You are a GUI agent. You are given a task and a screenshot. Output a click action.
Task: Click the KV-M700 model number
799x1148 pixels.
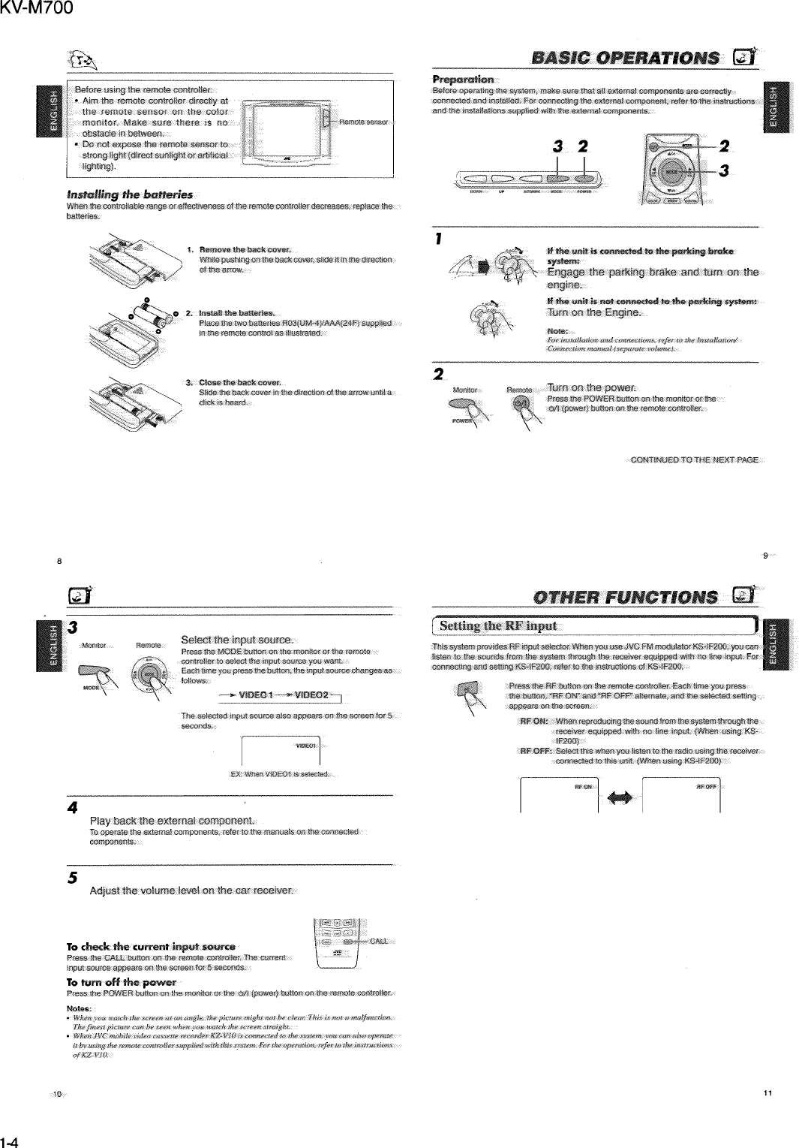(x=37, y=9)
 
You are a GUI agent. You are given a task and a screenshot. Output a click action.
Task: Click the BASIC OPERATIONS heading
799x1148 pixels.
(x=623, y=59)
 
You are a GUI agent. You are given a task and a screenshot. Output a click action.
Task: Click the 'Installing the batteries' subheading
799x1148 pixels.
(x=119, y=195)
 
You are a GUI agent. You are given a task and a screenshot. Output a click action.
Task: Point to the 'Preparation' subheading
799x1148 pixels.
(x=463, y=80)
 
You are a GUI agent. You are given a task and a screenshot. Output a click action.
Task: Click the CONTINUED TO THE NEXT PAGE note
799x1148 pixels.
(x=694, y=460)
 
